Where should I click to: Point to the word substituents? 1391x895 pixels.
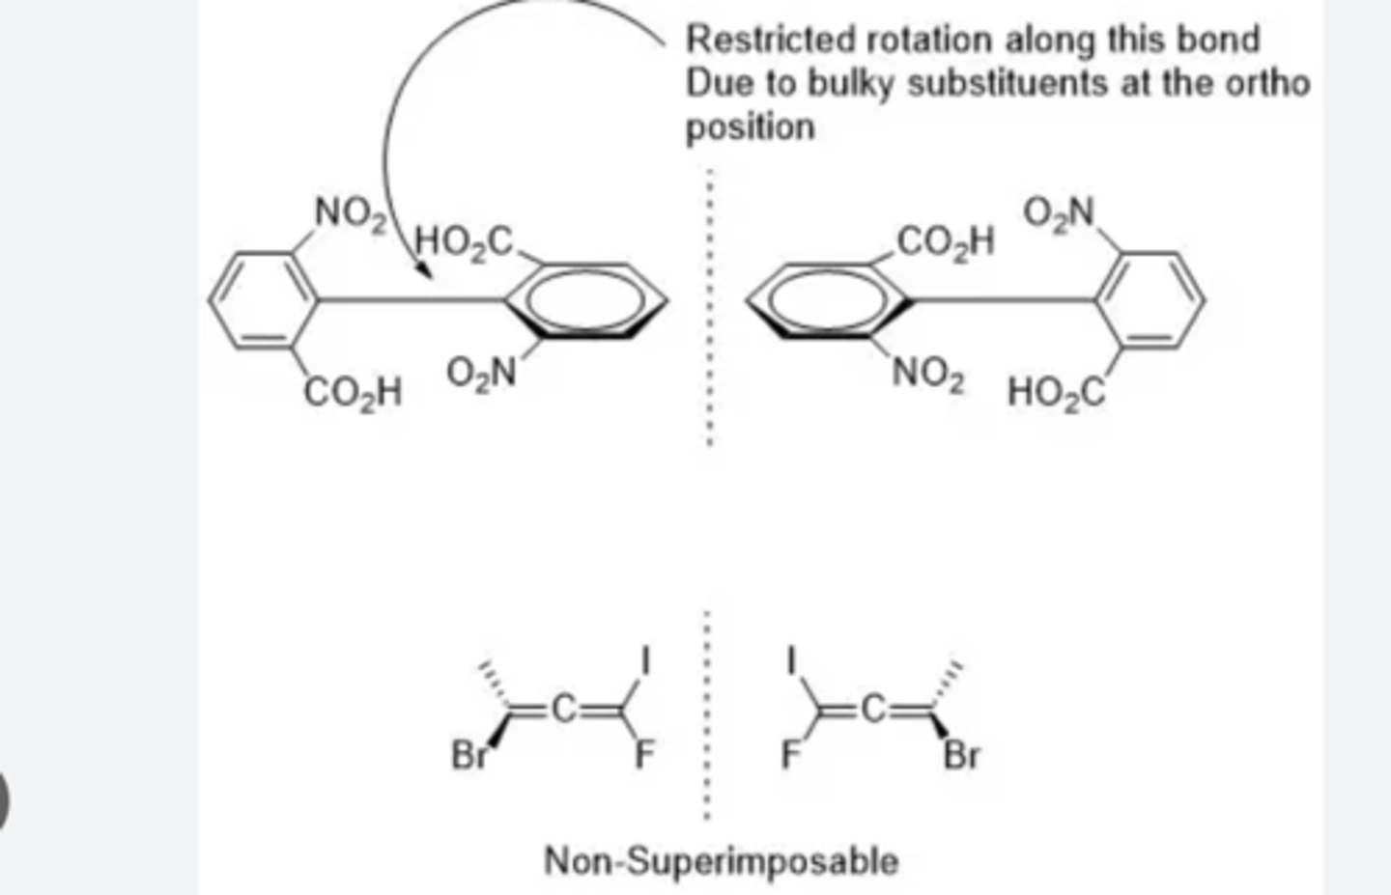pyautogui.click(x=1008, y=84)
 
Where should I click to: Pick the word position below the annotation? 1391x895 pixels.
pyautogui.click(x=750, y=127)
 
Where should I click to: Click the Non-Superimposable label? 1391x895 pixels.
pyautogui.click(x=721, y=860)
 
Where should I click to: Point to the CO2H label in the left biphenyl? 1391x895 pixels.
pyautogui.click(x=354, y=393)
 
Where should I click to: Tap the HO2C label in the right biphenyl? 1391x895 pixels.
pyautogui.click(x=1056, y=393)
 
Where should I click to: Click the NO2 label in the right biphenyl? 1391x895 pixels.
pyautogui.click(x=927, y=375)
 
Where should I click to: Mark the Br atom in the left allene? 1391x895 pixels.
pyautogui.click(x=469, y=755)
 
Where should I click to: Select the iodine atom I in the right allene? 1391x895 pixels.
pyautogui.click(x=791, y=660)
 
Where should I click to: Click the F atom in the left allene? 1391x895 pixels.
pyautogui.click(x=644, y=755)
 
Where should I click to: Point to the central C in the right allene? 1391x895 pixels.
pyautogui.click(x=872, y=711)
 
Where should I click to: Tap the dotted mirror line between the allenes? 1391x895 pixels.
pyautogui.click(x=707, y=714)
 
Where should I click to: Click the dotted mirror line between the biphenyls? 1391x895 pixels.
pyautogui.click(x=710, y=309)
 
